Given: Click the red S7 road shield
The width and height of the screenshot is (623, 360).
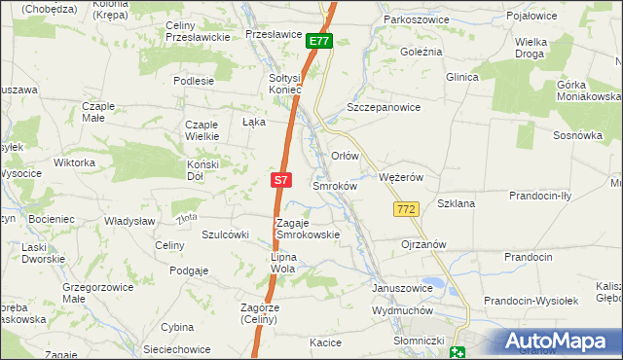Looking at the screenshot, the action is [x=280, y=180].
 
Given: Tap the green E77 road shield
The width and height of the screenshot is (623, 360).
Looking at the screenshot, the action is [x=319, y=41].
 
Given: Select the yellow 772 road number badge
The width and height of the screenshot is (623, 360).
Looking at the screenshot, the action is [x=407, y=209].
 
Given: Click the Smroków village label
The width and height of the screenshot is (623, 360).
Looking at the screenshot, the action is [x=335, y=185].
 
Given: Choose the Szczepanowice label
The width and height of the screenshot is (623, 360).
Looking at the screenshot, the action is [x=384, y=108].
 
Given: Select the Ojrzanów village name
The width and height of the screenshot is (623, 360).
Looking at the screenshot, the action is [x=423, y=244].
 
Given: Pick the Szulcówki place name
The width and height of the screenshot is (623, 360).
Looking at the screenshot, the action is [x=226, y=234].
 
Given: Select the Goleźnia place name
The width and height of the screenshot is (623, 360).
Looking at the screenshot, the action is [x=421, y=51].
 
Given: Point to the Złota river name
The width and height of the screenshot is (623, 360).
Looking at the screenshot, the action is [x=188, y=216].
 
